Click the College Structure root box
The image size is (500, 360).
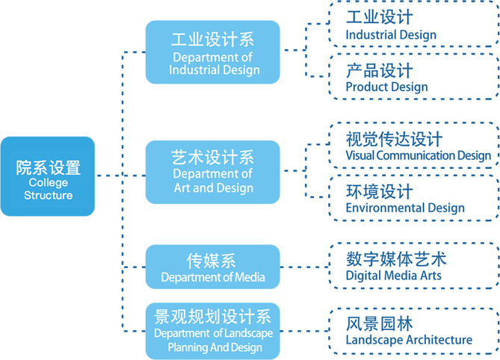pyautogui.click(x=48, y=176)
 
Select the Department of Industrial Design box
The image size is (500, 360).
pyautogui.click(x=213, y=52)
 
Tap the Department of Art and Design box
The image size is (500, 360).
pyautogui.click(x=213, y=171)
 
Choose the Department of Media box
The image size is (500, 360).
pyautogui.click(x=213, y=267)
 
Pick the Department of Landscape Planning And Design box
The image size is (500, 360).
pyautogui.click(x=213, y=331)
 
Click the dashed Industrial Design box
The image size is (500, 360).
pyautogui.click(x=413, y=25)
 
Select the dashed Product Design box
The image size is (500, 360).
pyautogui.click(x=413, y=78)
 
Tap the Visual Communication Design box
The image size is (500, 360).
pyautogui.click(x=413, y=146)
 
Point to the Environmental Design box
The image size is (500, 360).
pyautogui.click(x=413, y=199)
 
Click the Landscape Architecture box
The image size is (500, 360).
pyautogui.click(x=413, y=331)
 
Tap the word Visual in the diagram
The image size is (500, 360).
pyautogui.click(x=360, y=156)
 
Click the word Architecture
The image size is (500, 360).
pyautogui.click(x=439, y=341)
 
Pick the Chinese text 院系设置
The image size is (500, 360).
pyautogui.click(x=48, y=167)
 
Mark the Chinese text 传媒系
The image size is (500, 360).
pyautogui.click(x=212, y=260)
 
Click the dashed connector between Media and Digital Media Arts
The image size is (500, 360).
pyautogui.click(x=304, y=267)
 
